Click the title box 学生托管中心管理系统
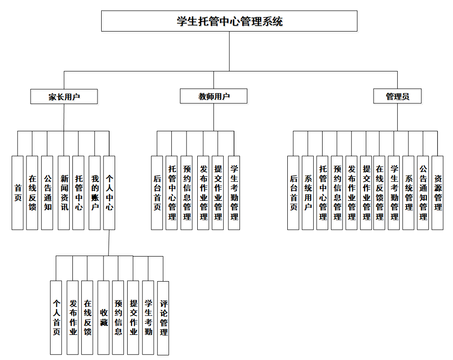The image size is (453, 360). click(229, 21)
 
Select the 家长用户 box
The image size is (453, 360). click(64, 96)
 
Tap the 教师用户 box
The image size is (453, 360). click(214, 96)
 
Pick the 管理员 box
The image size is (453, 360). click(397, 96)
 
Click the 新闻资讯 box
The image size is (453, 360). click(64, 193)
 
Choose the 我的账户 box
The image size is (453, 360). click(95, 193)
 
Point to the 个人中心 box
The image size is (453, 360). click(110, 193)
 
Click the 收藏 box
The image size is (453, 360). click(104, 318)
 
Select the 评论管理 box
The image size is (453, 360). click(163, 318)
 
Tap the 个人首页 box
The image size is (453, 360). click(56, 318)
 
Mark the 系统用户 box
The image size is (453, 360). click(308, 193)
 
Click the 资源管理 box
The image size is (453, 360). click(438, 193)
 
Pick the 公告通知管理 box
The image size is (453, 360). click(423, 193)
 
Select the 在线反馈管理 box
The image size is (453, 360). click(380, 193)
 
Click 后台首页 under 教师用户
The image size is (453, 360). click(157, 193)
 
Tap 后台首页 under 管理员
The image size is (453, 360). click(293, 193)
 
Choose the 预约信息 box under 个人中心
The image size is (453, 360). click(118, 318)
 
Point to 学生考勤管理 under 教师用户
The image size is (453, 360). click(234, 193)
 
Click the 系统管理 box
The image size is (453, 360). click(408, 193)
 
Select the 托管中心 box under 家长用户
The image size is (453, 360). click(79, 193)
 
